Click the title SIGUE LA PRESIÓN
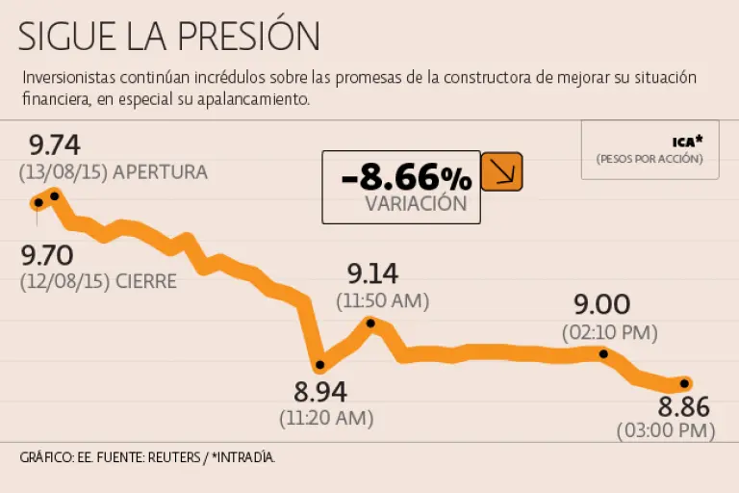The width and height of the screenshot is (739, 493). coord(168,36)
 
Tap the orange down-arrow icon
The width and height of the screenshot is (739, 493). coord(501,171)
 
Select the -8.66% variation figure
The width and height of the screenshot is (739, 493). coord(406,176)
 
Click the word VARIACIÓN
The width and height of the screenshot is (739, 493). coord(416,203)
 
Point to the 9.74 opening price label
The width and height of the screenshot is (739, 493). coord(54,146)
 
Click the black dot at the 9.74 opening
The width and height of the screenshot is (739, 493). coord(55,195)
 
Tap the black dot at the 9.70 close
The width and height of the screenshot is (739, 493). coord(38,202)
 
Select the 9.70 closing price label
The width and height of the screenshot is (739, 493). coord(46,256)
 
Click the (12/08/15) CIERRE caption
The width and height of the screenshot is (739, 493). coord(97,282)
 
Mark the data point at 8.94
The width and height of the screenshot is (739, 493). coord(320,366)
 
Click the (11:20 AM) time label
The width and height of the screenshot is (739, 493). coord(326,419)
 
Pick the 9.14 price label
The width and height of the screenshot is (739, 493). coord(372,273)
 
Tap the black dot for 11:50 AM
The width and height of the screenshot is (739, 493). coord(371,322)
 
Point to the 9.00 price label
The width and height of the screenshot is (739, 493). coord(602,305)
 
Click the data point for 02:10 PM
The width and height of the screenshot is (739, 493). coord(604,353)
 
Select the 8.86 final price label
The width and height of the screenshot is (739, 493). coord(684,404)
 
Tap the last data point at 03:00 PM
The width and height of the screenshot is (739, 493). coord(685,384)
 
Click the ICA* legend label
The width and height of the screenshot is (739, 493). coord(688,141)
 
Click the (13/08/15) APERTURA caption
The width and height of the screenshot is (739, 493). coord(113,172)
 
